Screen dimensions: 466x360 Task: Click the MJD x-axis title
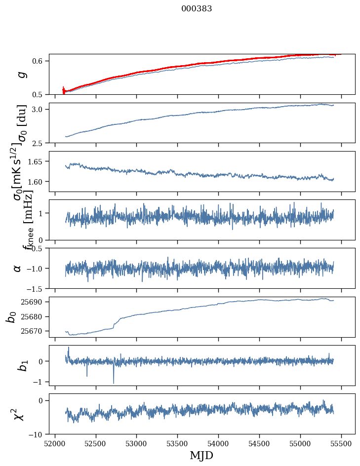pyautogui.click(x=202, y=455)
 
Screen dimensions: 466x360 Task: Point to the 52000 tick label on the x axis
pyautogui.click(x=55, y=443)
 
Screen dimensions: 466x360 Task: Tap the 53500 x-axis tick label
pyautogui.click(x=178, y=443)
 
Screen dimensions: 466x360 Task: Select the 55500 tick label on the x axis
pyautogui.click(x=342, y=443)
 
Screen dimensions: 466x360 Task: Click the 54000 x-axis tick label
pyautogui.click(x=219, y=443)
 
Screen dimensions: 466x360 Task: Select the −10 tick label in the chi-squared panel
pyautogui.click(x=38, y=434)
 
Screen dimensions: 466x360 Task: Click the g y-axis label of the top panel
pyautogui.click(x=20, y=75)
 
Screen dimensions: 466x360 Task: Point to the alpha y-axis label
pyautogui.click(x=18, y=268)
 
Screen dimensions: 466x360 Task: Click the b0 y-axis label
pyautogui.click(x=11, y=317)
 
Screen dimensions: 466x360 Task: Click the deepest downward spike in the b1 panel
pyautogui.click(x=114, y=383)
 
